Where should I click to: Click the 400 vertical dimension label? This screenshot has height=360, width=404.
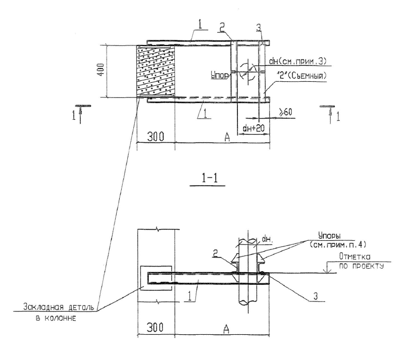pos(102,70)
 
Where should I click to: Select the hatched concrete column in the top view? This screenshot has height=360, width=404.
pos(156,71)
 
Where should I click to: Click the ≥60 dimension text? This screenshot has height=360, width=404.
pos(285,112)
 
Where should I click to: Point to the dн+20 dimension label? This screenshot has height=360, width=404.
pos(254,128)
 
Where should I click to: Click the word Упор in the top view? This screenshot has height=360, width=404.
pos(220,76)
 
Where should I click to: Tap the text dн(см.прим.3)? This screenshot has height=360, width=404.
pos(297,61)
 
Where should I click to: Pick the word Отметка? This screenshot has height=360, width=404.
pos(355,256)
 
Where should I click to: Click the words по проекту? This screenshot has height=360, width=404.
pos(361,266)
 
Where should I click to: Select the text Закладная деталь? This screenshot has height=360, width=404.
pos(61,307)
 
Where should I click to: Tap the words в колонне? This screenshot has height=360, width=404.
pos(56,319)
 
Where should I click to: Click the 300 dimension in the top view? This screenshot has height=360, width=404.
pos(156,137)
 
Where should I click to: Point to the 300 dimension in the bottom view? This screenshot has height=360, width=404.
pos(155,328)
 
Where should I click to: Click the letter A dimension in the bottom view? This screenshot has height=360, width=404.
pos(226,329)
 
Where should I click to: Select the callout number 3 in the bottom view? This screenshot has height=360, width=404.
pos(315,296)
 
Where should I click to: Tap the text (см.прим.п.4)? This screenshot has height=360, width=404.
pos(337,244)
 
